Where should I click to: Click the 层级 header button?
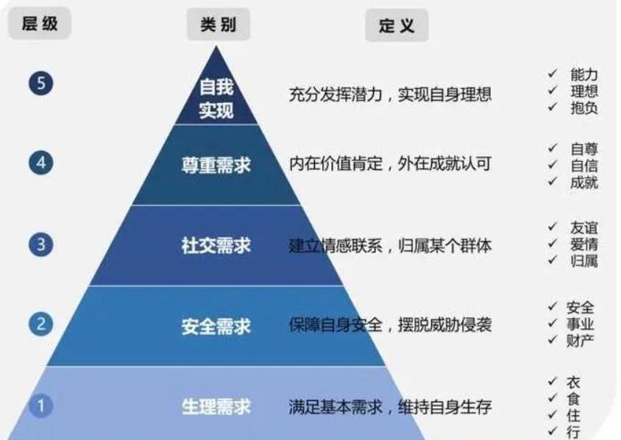40,25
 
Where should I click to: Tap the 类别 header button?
218,25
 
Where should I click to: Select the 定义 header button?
397,27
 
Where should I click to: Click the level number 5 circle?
41,84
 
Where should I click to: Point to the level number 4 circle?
41,163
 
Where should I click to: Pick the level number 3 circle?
41,244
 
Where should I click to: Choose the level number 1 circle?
41,405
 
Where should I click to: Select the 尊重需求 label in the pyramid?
216,165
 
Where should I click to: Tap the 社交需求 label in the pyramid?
216,246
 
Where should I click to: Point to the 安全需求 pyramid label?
216,325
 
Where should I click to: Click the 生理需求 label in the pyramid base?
216,405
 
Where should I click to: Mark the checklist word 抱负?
583,107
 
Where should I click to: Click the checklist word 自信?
583,165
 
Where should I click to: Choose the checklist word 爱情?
583,244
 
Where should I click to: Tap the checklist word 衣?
573,382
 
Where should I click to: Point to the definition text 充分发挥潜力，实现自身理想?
389,94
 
